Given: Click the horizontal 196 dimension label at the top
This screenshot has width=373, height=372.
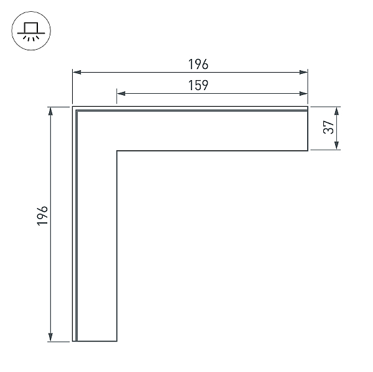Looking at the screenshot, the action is [x=198, y=64].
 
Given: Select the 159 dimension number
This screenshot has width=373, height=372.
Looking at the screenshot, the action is [x=198, y=85].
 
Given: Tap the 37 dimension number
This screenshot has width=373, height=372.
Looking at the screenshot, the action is [x=329, y=127].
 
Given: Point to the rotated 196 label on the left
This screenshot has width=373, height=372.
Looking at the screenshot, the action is [x=42, y=215].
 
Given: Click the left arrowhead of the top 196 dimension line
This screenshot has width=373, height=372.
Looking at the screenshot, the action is [x=76, y=72].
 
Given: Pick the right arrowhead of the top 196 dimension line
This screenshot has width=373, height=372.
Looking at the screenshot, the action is [x=303, y=72].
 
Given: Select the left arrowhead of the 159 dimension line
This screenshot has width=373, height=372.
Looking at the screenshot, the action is [x=121, y=93].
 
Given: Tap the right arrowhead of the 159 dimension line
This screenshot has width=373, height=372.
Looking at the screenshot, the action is [x=303, y=93].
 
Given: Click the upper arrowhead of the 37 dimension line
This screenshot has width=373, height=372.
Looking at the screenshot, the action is [x=336, y=111].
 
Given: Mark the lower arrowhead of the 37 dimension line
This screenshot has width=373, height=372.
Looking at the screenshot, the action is [x=336, y=145].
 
